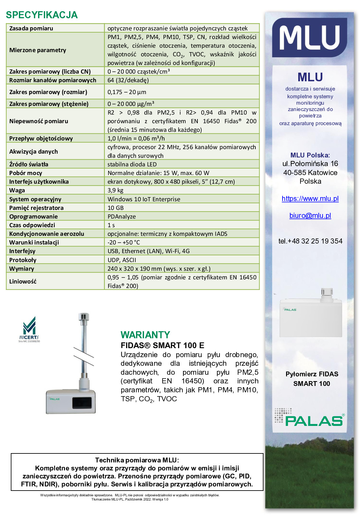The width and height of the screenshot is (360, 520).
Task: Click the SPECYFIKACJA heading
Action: pos(42,15)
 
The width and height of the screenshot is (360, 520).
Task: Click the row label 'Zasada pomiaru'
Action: pos(31,28)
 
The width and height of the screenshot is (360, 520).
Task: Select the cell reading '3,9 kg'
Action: pos(116,190)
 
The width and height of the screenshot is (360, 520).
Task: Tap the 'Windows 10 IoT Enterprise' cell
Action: pos(144,199)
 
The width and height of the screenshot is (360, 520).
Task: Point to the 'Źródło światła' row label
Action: pos(29,164)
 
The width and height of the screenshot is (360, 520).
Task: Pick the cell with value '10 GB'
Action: pos(116,208)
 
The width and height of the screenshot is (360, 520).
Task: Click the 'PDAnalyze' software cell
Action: pos(122,216)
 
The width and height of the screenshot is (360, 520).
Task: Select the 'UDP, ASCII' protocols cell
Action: pos(122,260)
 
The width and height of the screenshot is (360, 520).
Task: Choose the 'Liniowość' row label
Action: pos(23,281)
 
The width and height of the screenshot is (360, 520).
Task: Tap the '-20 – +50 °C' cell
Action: pos(124,242)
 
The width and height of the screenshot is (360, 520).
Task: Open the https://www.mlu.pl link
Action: pos(310,198)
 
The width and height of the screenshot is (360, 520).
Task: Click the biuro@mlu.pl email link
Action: pos(310,215)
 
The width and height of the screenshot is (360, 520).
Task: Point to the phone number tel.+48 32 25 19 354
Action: pos(310,241)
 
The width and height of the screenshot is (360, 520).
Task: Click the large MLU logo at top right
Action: pos(309,38)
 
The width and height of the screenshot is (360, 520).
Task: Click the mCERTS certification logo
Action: pos(29,329)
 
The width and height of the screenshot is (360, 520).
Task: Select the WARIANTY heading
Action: pos(145,335)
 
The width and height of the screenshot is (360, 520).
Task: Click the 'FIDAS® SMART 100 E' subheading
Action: pos(162,345)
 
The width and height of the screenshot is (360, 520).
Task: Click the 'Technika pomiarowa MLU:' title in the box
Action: pos(137,460)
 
